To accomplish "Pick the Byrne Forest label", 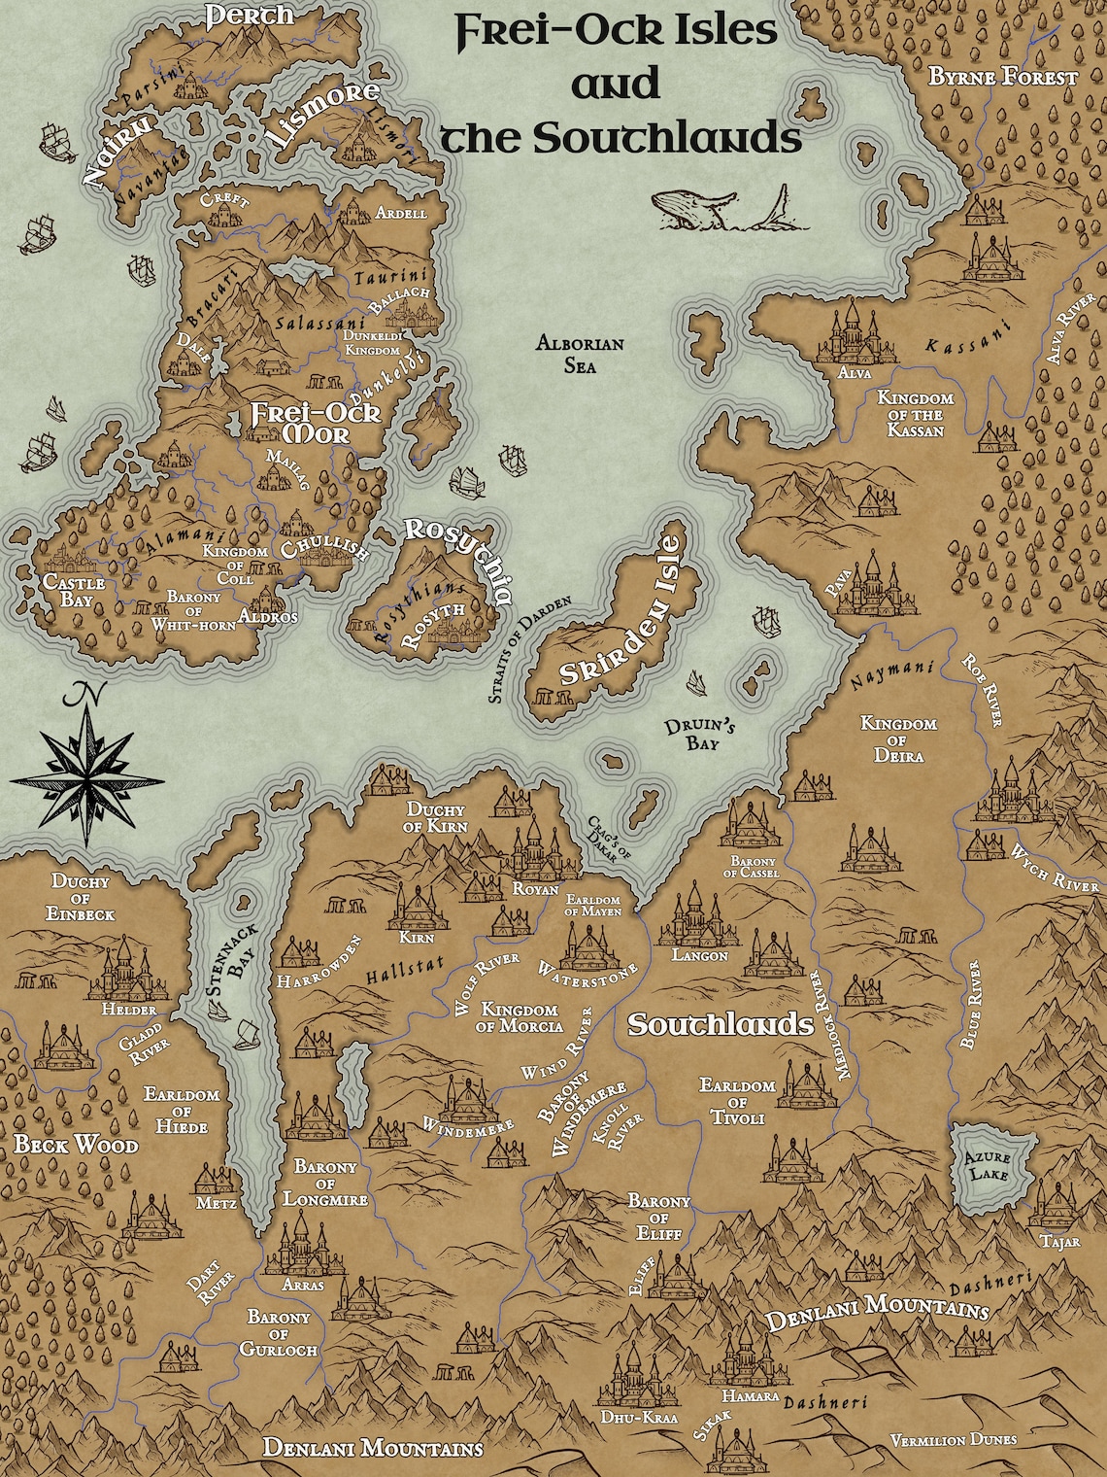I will (1003, 77).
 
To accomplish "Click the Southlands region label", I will (720, 1024).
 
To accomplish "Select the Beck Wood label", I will (76, 1146).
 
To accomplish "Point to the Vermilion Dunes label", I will (953, 1440).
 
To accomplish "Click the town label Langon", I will (699, 955).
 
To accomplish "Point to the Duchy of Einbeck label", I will (84, 898).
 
